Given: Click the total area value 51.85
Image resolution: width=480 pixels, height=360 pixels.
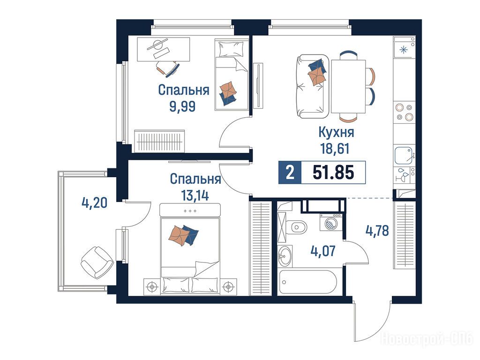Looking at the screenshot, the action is pyautogui.click(x=333, y=172).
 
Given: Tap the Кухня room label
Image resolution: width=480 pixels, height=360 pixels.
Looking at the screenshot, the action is pyautogui.click(x=336, y=132).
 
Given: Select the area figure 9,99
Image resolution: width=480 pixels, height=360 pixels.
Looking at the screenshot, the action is pyautogui.click(x=182, y=106).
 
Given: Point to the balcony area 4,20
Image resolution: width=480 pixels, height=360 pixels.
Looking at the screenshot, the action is pyautogui.click(x=95, y=202).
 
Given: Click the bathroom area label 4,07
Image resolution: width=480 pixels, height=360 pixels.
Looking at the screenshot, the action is pyautogui.click(x=323, y=251).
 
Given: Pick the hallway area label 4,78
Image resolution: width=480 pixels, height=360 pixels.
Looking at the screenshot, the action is pyautogui.click(x=377, y=231).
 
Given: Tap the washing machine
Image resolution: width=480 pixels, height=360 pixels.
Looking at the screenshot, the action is pyautogui.click(x=331, y=222).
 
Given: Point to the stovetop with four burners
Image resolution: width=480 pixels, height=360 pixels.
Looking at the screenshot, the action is pyautogui.click(x=404, y=112).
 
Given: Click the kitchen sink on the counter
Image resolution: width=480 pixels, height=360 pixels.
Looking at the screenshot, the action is pyautogui.click(x=404, y=156).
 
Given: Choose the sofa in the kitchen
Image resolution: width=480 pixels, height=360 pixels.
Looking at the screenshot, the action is pyautogui.click(x=312, y=86).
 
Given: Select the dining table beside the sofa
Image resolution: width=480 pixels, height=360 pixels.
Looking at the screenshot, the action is pyautogui.click(x=348, y=86).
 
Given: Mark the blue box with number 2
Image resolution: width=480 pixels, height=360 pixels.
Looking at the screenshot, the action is pyautogui.click(x=290, y=172).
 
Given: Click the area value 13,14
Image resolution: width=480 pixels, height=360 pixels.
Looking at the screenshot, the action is pyautogui.click(x=195, y=195).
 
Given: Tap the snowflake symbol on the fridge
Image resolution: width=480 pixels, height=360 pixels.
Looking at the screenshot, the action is pyautogui.click(x=404, y=49).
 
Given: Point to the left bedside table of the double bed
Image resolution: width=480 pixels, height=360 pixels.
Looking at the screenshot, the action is pyautogui.click(x=152, y=287).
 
